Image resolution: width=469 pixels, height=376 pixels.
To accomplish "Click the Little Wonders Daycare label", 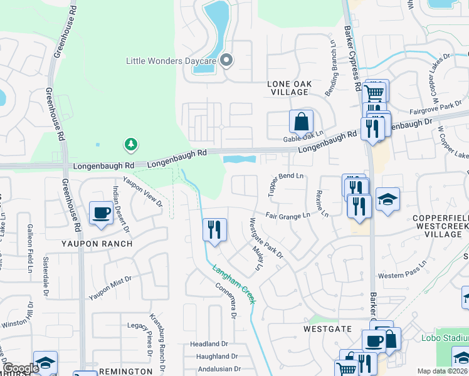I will pyautogui.click(x=171, y=61).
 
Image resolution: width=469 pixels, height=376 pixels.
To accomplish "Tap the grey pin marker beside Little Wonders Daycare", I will pyautogui.click(x=227, y=61).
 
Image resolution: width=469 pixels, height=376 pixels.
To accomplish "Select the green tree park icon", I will pyautogui.click(x=130, y=145).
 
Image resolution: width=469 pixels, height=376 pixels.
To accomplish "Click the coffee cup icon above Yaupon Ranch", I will pyautogui.click(x=101, y=212).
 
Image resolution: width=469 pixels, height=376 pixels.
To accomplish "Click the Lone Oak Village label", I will pyautogui.click(x=288, y=88).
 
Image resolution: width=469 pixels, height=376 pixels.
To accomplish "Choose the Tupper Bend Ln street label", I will pyautogui.click(x=285, y=185).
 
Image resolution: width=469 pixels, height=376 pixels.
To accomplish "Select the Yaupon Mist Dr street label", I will pyautogui.click(x=110, y=288).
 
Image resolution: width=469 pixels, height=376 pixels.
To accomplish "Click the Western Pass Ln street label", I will pyautogui.click(x=403, y=276).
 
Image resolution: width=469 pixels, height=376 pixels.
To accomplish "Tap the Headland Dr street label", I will pyautogui.click(x=209, y=344).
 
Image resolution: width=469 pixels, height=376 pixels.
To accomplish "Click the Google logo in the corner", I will pyautogui.click(x=21, y=368).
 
